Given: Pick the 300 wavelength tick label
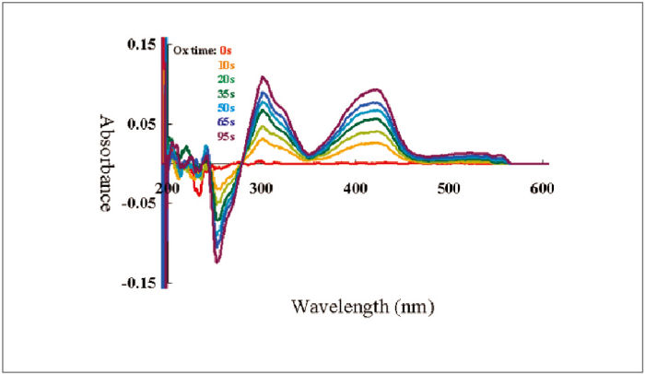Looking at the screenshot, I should tap(262, 188).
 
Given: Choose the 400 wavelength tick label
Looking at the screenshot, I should tap(357, 188).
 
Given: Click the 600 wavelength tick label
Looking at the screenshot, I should tap(542, 188).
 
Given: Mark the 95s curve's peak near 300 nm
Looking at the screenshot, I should tap(264, 77).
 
